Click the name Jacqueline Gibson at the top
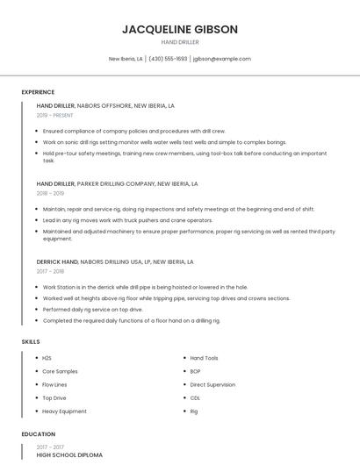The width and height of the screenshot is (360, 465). coord(179,29)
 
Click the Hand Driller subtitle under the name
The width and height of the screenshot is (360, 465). coord(179,42)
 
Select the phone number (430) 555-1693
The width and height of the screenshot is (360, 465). coord(168,59)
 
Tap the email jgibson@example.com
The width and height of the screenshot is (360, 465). coord(221,59)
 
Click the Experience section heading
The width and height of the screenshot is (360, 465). coord(38,92)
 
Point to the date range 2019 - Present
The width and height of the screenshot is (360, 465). coord(54,115)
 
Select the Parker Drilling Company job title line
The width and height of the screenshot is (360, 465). coord(117,184)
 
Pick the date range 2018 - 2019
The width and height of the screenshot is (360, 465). coord(50,193)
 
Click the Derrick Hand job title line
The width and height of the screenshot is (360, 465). coord(114,261)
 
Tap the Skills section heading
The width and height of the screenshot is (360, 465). coord(31,341)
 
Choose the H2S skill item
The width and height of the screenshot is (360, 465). coord(47,358)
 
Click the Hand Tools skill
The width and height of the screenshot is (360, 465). coord(204,358)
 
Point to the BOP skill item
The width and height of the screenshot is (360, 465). coord(195,371)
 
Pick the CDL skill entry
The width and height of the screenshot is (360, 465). coord(195,397)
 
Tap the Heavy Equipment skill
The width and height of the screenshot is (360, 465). coord(64,411)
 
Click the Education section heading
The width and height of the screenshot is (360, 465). coord(38,434)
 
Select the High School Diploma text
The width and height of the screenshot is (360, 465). coord(69,455)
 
